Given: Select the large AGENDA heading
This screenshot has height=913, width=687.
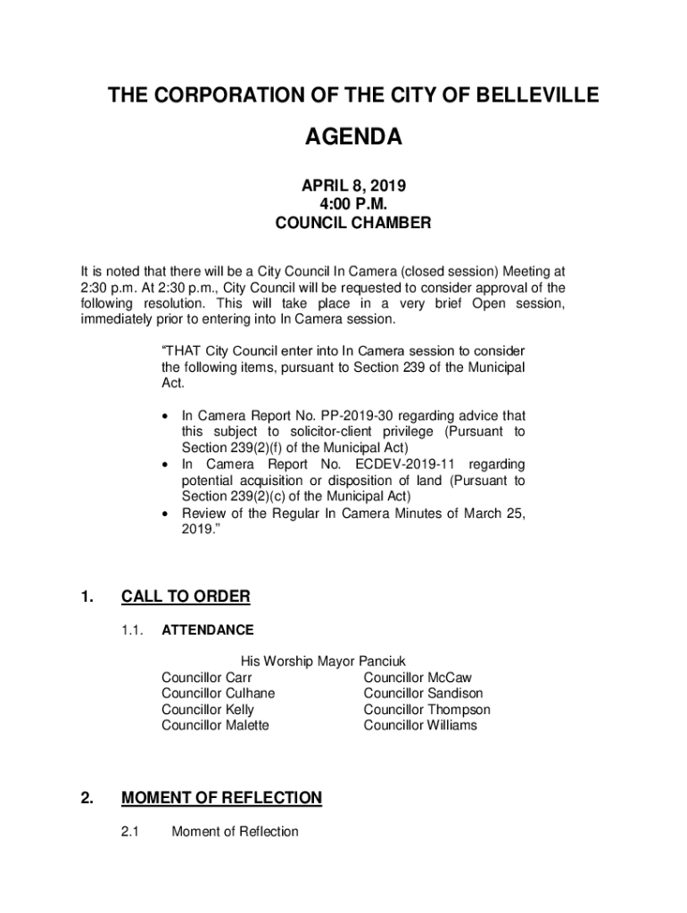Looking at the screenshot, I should pos(353,137).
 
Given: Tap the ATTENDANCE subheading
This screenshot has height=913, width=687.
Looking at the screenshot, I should pos(207,630).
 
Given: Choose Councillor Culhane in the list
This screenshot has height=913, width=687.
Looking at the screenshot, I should pos(218,694).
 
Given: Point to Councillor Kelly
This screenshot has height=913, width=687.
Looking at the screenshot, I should pos(207,710).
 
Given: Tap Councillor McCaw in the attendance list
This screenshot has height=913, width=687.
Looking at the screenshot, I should pos(418,678).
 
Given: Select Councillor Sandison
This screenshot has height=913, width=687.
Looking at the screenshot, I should pos(423,694).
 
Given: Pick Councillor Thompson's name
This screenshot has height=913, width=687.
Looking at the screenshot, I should pos(426,710).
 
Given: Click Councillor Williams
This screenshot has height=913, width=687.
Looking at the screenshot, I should pos(420,726).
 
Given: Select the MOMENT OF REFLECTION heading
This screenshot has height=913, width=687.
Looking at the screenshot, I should pos(221,798).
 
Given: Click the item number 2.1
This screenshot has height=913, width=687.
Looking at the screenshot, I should pos(131,832).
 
